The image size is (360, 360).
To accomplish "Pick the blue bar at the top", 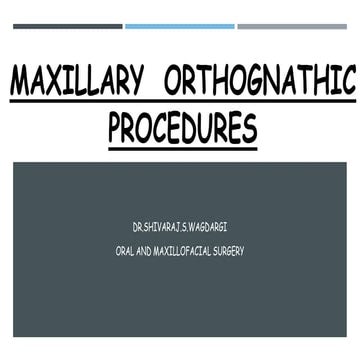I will [180, 26].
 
